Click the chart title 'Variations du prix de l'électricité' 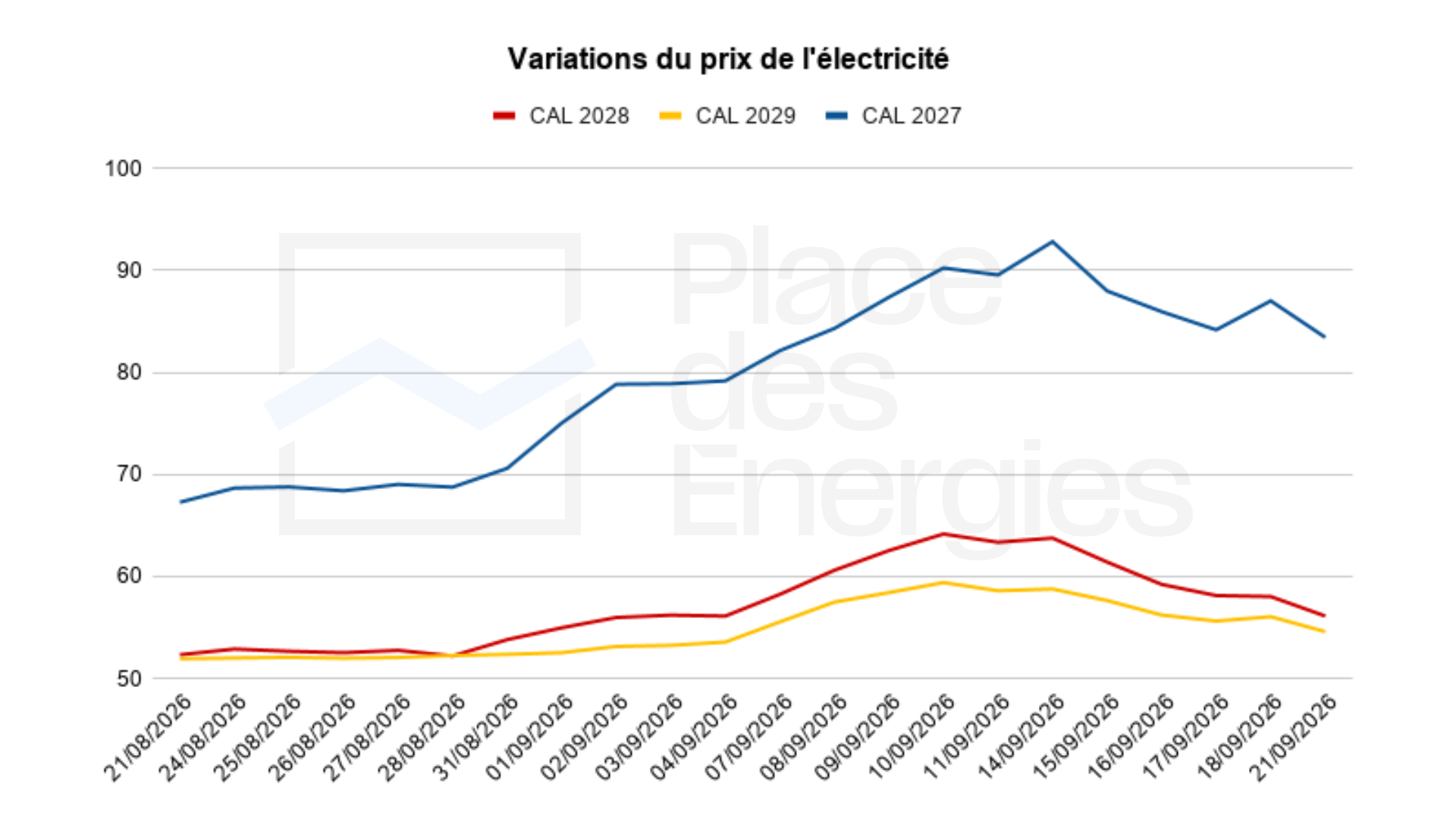(728, 59)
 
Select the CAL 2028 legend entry (561, 116)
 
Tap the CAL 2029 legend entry (727, 116)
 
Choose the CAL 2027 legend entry (893, 116)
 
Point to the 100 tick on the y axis (124, 168)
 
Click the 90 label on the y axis (129, 270)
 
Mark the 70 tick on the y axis (129, 474)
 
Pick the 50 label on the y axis (129, 678)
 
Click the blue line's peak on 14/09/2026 (1052, 242)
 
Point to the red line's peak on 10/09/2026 (943, 534)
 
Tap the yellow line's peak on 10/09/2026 (943, 582)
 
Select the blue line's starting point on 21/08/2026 (180, 502)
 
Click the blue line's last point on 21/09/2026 (1325, 337)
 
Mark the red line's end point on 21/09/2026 (1325, 616)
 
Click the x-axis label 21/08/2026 (147, 737)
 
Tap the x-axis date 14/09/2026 (1020, 737)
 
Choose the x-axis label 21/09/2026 (1292, 737)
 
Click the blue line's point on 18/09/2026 (1270, 301)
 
